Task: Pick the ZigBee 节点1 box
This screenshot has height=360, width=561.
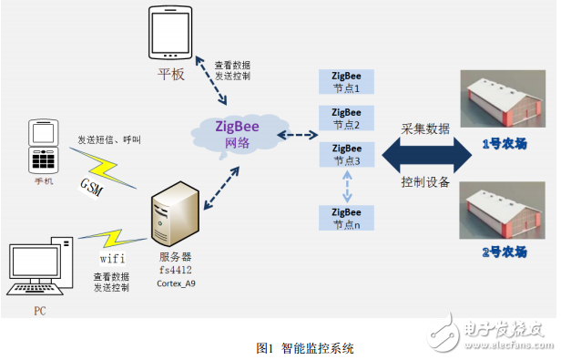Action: tap(346, 81)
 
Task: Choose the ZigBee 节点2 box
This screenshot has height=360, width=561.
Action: tap(346, 118)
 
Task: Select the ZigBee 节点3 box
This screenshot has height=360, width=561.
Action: tap(346, 153)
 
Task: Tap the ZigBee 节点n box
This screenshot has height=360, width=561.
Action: tap(346, 217)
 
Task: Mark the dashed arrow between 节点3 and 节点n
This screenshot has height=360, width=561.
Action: tap(346, 185)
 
